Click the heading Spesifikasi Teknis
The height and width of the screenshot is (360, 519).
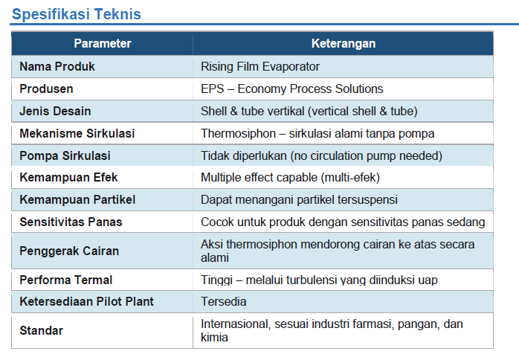77,14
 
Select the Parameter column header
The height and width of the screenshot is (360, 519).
103,43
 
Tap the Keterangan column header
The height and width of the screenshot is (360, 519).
344,43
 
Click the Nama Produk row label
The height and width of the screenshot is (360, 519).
57,66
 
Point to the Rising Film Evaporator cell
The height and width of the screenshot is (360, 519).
260,66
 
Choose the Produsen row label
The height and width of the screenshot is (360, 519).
46,89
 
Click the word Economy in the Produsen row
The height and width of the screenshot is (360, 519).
262,89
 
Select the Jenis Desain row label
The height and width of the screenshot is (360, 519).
55,111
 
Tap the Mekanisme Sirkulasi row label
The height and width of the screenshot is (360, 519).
77,133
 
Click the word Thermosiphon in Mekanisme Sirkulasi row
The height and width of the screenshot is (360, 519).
239,133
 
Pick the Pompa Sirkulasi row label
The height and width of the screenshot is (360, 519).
65,155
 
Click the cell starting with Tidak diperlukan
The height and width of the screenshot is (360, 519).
321,155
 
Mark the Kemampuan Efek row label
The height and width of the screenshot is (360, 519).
68,178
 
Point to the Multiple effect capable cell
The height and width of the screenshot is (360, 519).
290,178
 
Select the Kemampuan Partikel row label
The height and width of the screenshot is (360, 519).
77,199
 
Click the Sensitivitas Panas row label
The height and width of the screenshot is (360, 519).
71,222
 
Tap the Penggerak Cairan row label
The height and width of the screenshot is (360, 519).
69,251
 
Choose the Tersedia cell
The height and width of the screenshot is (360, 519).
223,302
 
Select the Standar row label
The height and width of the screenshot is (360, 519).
42,330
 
